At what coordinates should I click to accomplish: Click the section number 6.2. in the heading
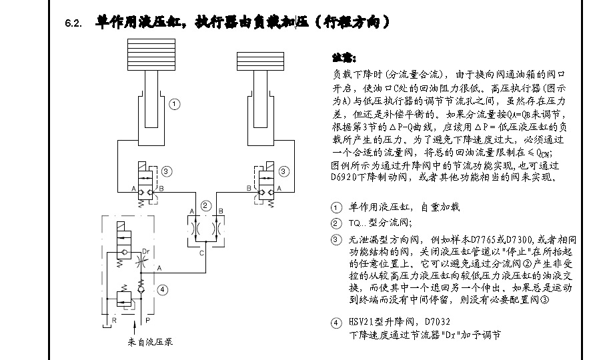(73, 24)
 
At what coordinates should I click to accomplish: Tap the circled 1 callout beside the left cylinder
(173, 104)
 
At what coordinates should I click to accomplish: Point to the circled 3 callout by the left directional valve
(166, 171)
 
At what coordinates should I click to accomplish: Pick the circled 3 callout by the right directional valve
(284, 171)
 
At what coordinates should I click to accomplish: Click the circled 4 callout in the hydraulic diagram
(163, 289)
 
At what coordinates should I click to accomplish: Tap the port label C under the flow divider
(202, 253)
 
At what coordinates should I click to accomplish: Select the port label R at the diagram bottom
(114, 320)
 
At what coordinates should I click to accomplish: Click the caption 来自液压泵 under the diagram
(150, 342)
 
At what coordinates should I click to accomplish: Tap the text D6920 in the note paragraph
(346, 178)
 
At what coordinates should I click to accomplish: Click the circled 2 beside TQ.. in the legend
(335, 223)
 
